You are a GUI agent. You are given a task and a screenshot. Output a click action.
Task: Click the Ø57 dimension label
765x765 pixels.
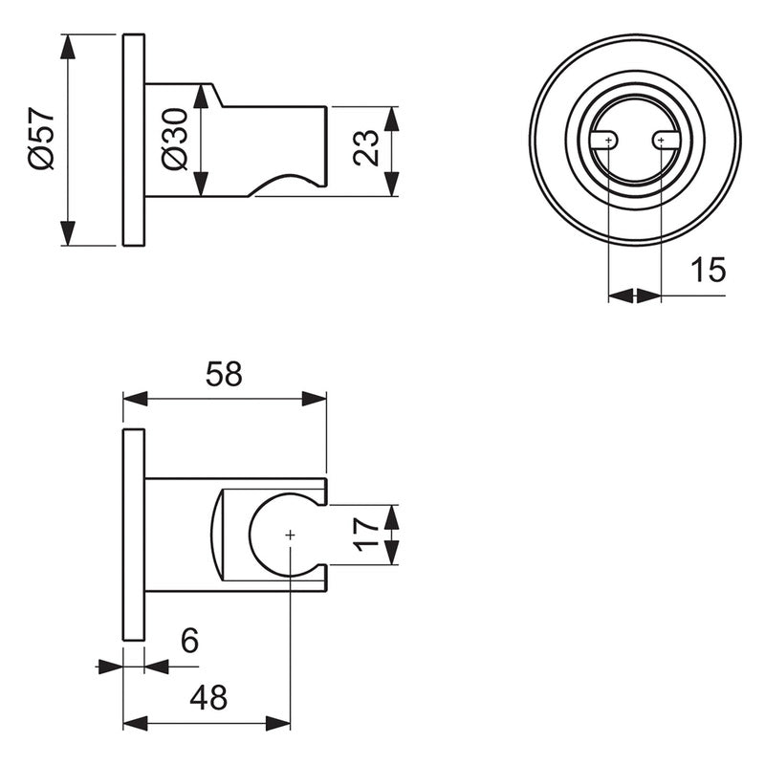click(x=40, y=140)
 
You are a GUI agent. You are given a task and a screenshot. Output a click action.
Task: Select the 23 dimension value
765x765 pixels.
click(x=368, y=147)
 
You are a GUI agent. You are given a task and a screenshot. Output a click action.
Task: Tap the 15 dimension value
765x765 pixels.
click(x=709, y=271)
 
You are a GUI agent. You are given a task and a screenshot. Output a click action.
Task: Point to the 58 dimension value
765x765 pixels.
click(x=224, y=374)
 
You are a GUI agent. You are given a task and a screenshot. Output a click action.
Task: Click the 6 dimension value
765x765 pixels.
click(x=189, y=640)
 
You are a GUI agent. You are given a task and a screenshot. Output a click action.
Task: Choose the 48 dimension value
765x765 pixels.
click(x=208, y=698)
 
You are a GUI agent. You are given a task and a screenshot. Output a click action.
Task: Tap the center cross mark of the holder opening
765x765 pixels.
click(x=291, y=535)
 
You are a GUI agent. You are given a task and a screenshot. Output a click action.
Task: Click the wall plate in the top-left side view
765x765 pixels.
click(x=134, y=140)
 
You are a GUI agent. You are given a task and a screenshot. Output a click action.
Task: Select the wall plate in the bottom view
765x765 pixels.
click(x=134, y=535)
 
